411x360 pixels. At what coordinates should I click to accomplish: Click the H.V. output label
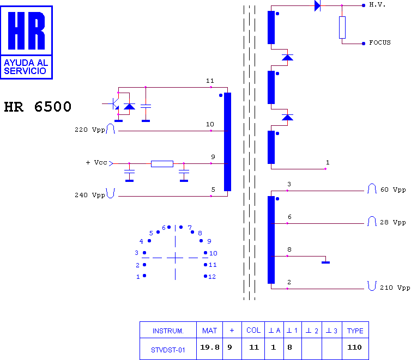[x=377, y=4]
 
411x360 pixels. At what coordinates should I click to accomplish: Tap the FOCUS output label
[x=380, y=42]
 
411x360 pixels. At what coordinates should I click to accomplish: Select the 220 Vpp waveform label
[x=90, y=130]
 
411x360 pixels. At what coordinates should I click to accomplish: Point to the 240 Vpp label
[x=90, y=195]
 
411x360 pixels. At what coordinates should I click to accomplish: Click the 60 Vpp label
[x=393, y=190]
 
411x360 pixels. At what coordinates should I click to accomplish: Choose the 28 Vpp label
[x=393, y=222]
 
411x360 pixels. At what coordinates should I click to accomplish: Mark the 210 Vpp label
[x=395, y=288]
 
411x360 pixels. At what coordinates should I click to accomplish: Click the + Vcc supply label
[x=96, y=163]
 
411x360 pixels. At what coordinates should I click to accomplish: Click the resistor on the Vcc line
[x=162, y=164]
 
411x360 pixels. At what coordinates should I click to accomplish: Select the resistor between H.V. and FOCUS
[x=342, y=27]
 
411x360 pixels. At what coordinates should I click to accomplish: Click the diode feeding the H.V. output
[x=317, y=5]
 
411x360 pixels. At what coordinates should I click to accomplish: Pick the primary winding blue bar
[x=227, y=142]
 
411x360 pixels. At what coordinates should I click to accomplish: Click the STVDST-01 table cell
[x=168, y=350]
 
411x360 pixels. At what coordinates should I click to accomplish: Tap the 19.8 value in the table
[x=210, y=347]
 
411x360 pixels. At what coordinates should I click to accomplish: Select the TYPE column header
[x=355, y=331]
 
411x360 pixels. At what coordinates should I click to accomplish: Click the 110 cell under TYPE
[x=354, y=347]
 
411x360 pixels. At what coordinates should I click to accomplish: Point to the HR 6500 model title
[x=38, y=107]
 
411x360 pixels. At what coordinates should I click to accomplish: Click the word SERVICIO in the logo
[x=25, y=71]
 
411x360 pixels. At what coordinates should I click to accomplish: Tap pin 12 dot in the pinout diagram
[x=206, y=276]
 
